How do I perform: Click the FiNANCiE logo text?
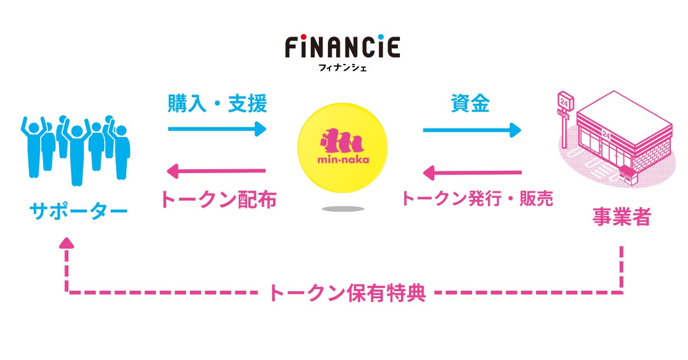coord(342,47)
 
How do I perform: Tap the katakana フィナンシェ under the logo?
coord(342,69)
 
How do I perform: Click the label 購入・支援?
coord(217,104)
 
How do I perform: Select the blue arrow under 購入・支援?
coord(217,129)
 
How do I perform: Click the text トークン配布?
coord(218,200)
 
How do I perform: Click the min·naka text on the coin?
coord(342,160)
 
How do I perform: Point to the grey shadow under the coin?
coord(342,208)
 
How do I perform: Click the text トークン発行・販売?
coord(477,199)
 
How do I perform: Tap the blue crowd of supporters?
coord(76,148)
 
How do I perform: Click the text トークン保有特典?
coord(347,293)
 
